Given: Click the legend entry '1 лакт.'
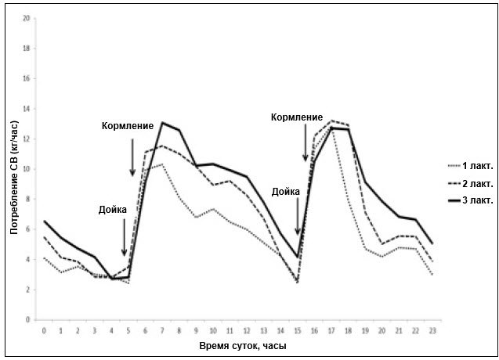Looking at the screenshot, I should tap(477, 165).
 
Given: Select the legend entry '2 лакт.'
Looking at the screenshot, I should tap(477, 184).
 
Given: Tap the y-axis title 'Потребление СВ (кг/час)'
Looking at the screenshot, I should tap(13, 168).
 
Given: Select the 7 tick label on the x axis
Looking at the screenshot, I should tap(162, 330).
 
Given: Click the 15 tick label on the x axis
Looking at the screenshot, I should tap(298, 330).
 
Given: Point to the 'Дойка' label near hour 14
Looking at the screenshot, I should tap(287, 191).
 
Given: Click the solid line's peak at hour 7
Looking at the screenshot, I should tap(162, 122).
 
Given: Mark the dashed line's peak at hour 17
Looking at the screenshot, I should tap(331, 121).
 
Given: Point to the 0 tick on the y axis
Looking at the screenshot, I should tap(28, 320).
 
